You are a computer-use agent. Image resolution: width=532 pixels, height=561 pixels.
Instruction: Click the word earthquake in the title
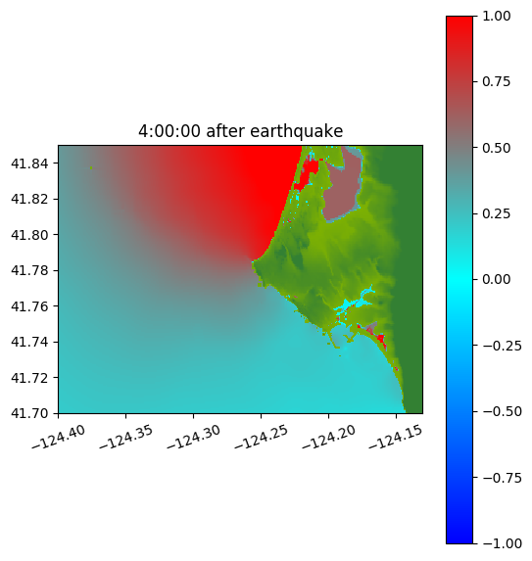[297, 131]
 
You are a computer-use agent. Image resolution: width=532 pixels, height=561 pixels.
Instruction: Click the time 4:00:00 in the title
[169, 131]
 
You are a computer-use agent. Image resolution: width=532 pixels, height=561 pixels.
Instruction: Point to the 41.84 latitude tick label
[29, 164]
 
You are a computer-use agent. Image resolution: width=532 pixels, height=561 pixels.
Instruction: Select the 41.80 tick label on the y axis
[29, 235]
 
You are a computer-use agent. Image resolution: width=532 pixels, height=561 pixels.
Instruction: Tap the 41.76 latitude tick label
[29, 306]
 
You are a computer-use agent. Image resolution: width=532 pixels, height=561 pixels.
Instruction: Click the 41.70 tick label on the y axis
[29, 413]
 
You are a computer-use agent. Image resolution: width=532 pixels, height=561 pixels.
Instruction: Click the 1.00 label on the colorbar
[496, 16]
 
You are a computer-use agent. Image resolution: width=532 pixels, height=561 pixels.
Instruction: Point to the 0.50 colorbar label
[496, 148]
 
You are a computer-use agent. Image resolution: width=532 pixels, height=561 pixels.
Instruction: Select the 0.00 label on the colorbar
[496, 279]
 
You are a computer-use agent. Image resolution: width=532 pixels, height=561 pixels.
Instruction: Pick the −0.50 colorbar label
[502, 411]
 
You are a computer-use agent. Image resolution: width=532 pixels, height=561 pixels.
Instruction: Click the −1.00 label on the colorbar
[502, 543]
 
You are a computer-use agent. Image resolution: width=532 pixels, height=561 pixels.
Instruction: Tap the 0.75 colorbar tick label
[496, 82]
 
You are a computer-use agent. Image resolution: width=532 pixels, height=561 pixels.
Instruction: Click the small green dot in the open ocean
[91, 167]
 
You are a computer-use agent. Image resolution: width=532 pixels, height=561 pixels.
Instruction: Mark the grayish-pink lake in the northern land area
[342, 186]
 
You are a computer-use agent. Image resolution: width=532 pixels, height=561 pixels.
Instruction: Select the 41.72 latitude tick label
[29, 378]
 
